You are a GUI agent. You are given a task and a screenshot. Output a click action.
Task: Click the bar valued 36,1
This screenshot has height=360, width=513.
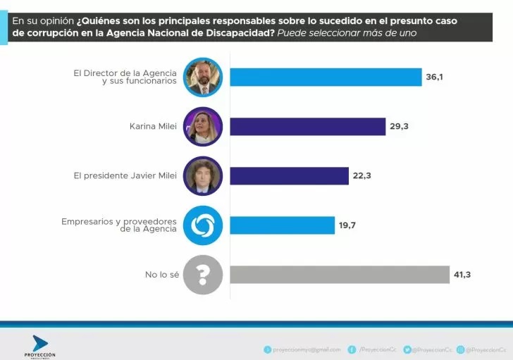coord(326,77)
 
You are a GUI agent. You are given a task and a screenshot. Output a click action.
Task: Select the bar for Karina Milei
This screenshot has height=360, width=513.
coord(308,126)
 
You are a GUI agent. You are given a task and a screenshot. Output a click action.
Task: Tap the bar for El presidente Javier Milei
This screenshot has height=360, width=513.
coord(290,175)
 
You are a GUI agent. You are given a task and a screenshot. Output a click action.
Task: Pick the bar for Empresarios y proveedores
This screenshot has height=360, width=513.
coord(283,225)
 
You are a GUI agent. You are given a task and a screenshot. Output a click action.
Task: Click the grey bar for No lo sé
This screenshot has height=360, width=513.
coord(340,274)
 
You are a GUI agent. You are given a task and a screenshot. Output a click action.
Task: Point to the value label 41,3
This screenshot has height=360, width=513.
coord(462,274)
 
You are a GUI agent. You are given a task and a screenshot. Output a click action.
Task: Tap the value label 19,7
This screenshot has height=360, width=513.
coord(347,225)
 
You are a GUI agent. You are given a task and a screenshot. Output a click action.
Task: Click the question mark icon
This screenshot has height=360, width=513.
coord(203,274)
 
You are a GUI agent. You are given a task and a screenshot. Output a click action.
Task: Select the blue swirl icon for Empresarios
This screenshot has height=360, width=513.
coord(203,225)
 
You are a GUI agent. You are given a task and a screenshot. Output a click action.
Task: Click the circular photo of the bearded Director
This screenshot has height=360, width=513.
coord(203,77)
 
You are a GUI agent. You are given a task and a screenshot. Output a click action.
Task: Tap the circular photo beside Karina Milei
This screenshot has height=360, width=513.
coord(203,126)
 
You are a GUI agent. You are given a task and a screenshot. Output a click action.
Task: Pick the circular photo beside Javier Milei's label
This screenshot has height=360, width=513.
coord(203,175)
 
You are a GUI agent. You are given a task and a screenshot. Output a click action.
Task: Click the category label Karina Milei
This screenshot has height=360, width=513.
coord(153,127)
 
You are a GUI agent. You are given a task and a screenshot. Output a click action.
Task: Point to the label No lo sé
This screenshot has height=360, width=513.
coord(161,275)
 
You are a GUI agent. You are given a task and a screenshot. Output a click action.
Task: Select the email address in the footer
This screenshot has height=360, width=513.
coord(307,349)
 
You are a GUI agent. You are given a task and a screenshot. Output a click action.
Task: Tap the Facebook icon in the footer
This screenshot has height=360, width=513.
coord(352,349)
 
